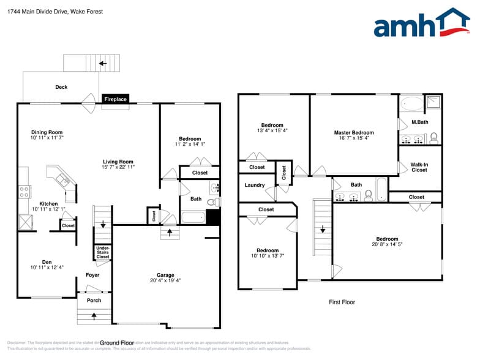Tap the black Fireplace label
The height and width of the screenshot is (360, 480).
[115, 99]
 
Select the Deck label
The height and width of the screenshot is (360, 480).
[61, 87]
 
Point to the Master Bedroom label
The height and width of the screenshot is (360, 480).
[353, 132]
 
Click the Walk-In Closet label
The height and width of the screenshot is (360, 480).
[419, 167]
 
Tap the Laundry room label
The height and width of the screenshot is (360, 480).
[254, 185]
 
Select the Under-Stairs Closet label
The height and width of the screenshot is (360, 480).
[103, 252]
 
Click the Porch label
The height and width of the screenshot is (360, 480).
[94, 301]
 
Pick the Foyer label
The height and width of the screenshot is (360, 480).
[92, 275]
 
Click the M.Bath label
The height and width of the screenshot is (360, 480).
[419, 122]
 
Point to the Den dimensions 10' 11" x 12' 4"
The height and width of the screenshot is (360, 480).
[47, 268]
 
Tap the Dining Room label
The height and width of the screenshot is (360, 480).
[47, 132]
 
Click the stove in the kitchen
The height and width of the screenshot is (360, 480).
[25, 192]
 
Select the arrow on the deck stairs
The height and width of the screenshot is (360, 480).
[103, 63]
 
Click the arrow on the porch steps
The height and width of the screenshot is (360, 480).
[94, 317]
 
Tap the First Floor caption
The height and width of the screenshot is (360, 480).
[342, 302]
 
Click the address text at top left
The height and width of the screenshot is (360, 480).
[55, 11]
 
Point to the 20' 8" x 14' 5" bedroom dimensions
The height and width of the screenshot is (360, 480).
[387, 244]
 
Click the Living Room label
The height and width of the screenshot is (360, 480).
[118, 162]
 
